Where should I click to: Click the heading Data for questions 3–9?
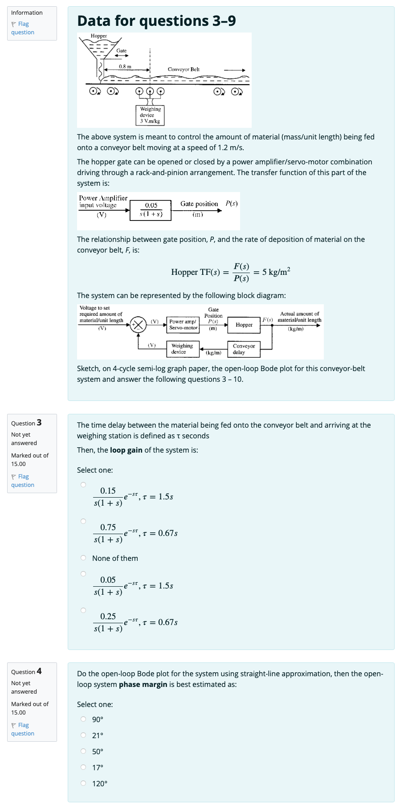(156, 21)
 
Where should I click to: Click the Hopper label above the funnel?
(98, 36)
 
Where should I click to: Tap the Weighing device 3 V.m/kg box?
(150, 115)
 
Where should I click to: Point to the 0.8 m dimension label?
(125, 66)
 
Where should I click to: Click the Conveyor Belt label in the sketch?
(184, 69)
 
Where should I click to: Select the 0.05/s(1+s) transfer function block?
(151, 210)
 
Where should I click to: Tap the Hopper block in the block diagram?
(244, 325)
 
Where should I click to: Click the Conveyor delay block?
(244, 349)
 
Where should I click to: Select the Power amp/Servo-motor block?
(183, 324)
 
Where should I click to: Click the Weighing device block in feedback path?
(182, 349)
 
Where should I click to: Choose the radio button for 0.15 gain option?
(83, 485)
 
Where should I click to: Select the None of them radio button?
(83, 558)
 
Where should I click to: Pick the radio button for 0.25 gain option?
(83, 610)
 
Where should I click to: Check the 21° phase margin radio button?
(83, 735)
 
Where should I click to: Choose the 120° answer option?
(83, 783)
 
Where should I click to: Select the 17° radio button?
(83, 767)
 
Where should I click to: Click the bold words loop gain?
(126, 450)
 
